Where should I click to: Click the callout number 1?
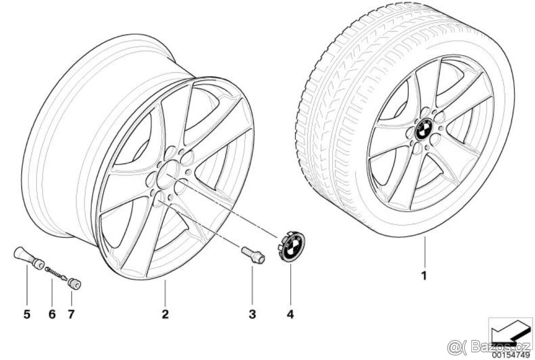point(424,276)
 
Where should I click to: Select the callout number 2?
point(165,314)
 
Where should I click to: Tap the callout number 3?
point(252,314)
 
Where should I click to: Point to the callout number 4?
point(290,314)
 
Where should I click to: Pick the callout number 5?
point(27,314)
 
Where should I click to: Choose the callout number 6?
point(52,314)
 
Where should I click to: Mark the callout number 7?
point(71,314)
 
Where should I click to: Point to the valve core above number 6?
point(55,273)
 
